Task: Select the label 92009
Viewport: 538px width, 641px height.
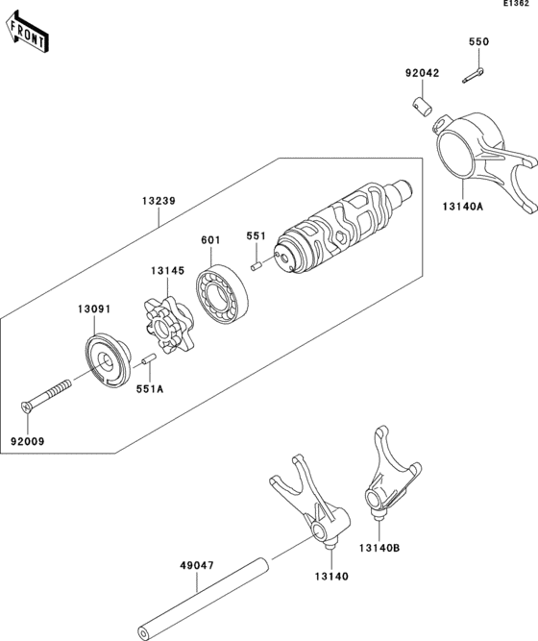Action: coord(29,440)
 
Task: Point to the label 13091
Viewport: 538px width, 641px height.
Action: coord(94,309)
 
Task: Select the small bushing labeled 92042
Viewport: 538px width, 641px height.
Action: coord(422,103)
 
